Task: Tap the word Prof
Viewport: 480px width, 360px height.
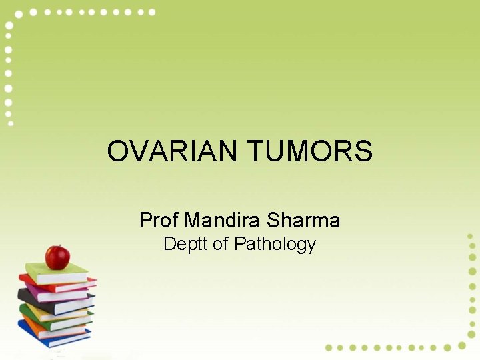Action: tap(158, 220)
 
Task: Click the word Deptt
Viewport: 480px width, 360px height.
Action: tap(185, 244)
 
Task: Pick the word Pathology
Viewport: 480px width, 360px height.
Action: tap(275, 245)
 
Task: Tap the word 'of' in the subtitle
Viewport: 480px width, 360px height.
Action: tap(221, 244)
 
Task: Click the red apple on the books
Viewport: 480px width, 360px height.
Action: tap(57, 257)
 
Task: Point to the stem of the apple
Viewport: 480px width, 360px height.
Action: tap(59, 247)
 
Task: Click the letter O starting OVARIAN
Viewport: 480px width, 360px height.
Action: tap(117, 151)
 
